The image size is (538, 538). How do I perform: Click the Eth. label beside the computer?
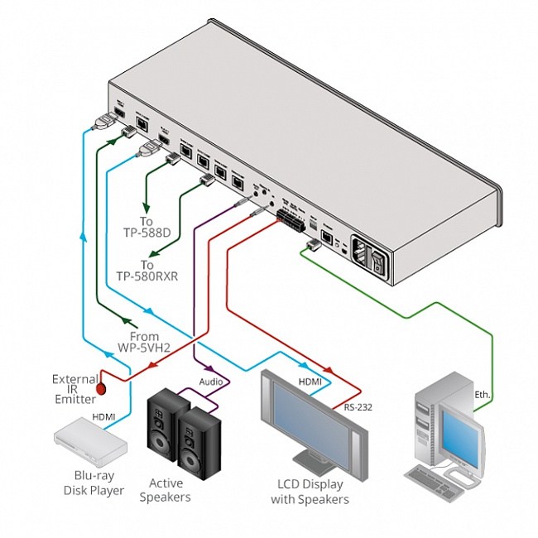483,396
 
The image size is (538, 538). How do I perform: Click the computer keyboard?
434,481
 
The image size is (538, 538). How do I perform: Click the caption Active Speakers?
169,490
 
